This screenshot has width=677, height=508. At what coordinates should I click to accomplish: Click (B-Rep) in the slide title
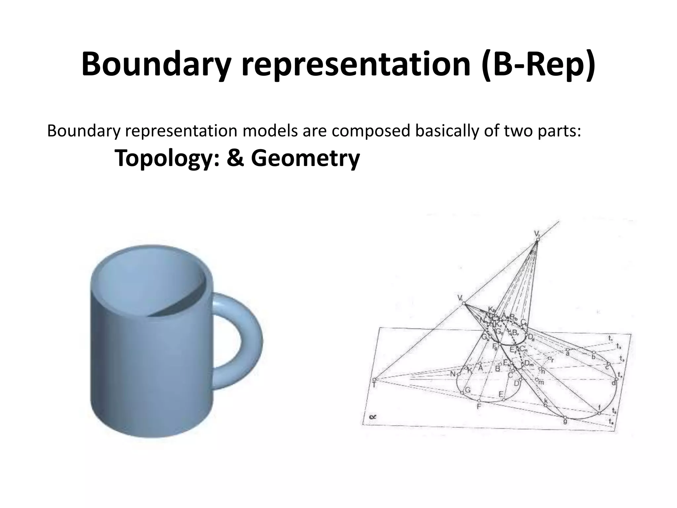[x=538, y=64]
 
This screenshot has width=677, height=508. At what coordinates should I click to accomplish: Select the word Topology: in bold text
[x=167, y=158]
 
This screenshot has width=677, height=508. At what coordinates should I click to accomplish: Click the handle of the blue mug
[x=241, y=341]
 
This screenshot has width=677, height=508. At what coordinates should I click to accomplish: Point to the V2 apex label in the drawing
[x=537, y=234]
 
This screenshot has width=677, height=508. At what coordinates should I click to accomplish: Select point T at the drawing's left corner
[x=374, y=385]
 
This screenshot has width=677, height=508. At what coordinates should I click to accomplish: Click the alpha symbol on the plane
[x=373, y=417]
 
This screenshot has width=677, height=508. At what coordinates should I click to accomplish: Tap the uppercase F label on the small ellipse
[x=478, y=406]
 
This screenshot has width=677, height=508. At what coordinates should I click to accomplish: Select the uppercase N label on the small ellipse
[x=453, y=374]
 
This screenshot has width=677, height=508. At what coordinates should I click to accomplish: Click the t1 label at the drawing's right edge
[x=610, y=338]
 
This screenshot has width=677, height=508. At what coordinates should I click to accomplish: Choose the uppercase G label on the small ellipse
[x=467, y=390]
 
